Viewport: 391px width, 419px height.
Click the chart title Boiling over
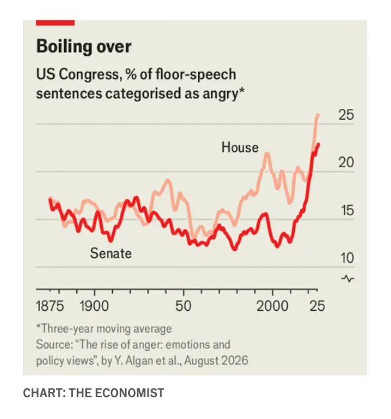84,46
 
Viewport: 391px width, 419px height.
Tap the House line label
240,147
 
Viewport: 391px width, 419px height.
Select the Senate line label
111,253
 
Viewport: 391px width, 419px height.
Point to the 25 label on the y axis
346,115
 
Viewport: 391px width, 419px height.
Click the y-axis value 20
346,163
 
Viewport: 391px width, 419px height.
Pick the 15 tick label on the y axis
347,210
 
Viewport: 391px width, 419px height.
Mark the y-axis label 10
347,258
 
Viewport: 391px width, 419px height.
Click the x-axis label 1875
50,306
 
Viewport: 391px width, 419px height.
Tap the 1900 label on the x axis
94,306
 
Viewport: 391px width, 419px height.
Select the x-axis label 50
183,306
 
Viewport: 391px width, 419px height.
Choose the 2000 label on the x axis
272,306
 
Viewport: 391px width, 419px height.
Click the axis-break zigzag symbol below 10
347,279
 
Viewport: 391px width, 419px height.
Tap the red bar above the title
55,22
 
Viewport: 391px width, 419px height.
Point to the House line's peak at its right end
318,115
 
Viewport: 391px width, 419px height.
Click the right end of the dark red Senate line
319,144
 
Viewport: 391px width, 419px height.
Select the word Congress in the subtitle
89,74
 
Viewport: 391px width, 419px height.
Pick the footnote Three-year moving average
104,329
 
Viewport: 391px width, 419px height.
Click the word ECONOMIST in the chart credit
129,393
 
